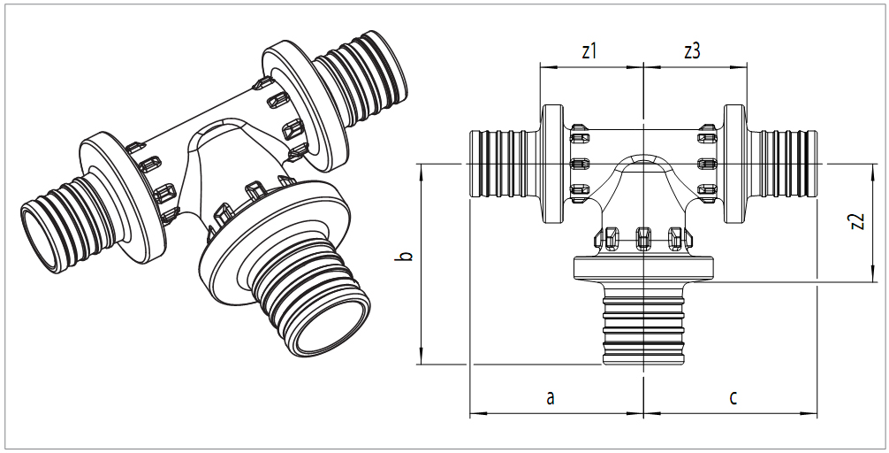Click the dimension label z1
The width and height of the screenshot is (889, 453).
coord(589,51)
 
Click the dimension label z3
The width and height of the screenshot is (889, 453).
coord(692,51)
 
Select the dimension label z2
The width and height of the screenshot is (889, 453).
coord(855,221)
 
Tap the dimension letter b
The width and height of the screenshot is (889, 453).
coord(404,257)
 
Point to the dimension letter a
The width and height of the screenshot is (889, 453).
coord(551,397)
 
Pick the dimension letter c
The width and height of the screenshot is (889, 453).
coord(733,397)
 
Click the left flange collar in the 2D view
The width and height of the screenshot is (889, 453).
coord(552,165)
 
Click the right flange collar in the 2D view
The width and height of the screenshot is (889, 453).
coord(735,165)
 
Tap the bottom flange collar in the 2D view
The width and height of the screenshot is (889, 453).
coord(643,268)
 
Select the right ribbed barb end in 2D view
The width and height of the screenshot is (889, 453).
coord(785,165)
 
